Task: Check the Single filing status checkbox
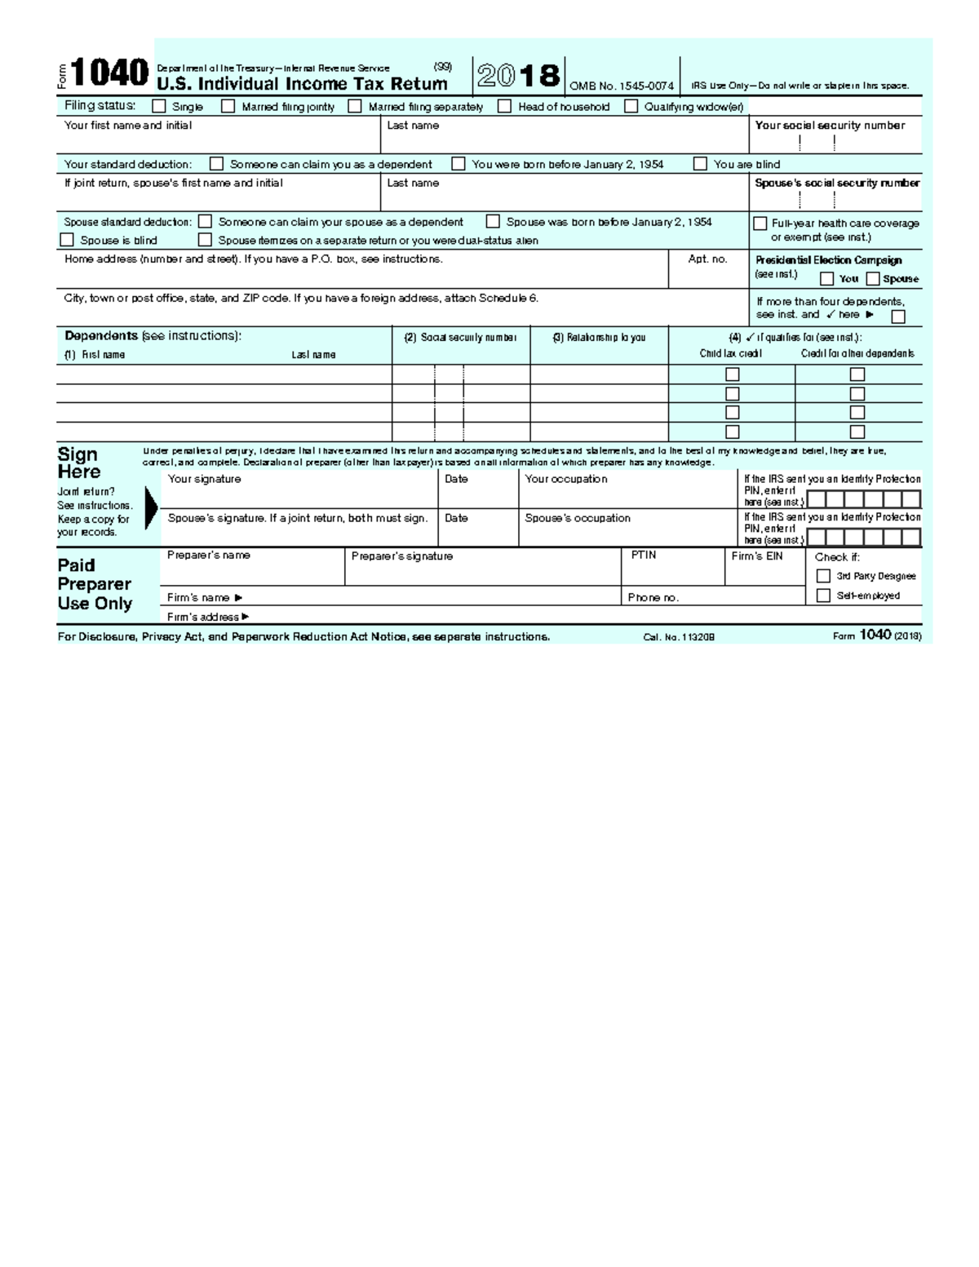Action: (159, 106)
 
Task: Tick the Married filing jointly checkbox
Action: (228, 106)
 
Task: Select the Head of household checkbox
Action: (505, 106)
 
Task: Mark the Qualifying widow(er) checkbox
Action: (631, 106)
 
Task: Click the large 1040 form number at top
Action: (109, 73)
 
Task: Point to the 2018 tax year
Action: (519, 76)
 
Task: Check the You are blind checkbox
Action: (700, 164)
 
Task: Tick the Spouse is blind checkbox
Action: (67, 240)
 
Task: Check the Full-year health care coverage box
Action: (760, 224)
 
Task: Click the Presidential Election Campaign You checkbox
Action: (826, 279)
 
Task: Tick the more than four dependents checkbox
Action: (898, 317)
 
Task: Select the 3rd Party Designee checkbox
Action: (823, 576)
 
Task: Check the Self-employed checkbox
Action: (823, 596)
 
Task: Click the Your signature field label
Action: (204, 479)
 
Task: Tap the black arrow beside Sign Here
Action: (151, 507)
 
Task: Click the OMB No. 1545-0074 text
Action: (622, 86)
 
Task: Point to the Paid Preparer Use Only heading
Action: (94, 584)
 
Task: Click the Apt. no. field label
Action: (707, 259)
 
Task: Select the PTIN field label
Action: (644, 555)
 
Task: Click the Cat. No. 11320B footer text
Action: (679, 637)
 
